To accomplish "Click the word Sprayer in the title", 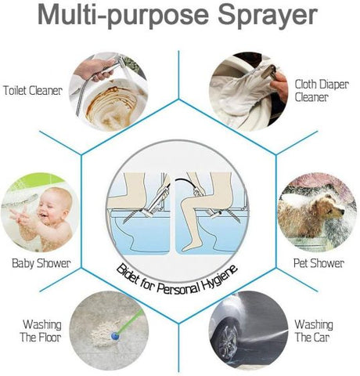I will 259,17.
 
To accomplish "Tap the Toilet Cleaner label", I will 34,89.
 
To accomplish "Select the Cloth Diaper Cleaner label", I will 321,91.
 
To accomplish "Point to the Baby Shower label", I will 41,263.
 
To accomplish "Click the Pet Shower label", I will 318,263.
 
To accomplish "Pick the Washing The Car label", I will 313,331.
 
